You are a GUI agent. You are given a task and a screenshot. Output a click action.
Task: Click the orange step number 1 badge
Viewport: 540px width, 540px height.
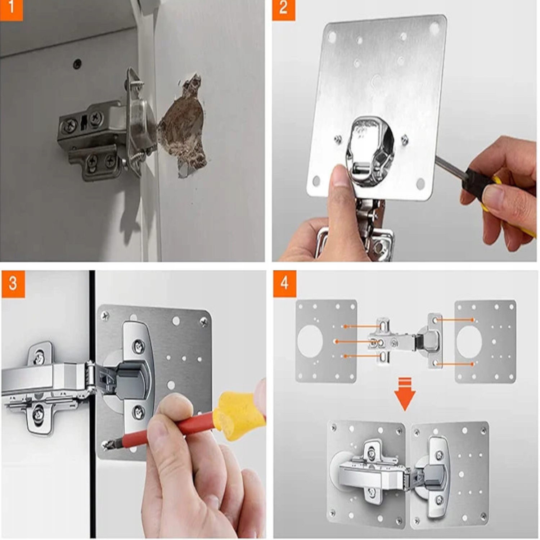pyautogui.click(x=11, y=10)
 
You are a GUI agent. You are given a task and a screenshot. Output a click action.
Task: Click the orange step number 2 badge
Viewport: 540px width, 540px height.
pyautogui.click(x=283, y=10)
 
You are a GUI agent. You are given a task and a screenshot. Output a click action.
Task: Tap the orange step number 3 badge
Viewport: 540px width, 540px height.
pyautogui.click(x=13, y=284)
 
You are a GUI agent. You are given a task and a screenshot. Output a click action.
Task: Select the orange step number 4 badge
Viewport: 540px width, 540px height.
pyautogui.click(x=284, y=284)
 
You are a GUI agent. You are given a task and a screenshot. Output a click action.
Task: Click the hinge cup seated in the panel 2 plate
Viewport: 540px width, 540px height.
pyautogui.click(x=370, y=151)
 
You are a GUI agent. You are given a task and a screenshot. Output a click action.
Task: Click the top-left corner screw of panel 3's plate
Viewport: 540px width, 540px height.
pyautogui.click(x=105, y=316)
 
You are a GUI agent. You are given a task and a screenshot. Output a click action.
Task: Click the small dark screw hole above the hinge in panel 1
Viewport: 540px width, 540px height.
pyautogui.click(x=77, y=64)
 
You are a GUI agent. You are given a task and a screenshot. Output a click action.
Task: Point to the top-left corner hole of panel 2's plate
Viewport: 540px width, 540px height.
pyautogui.click(x=332, y=37)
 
